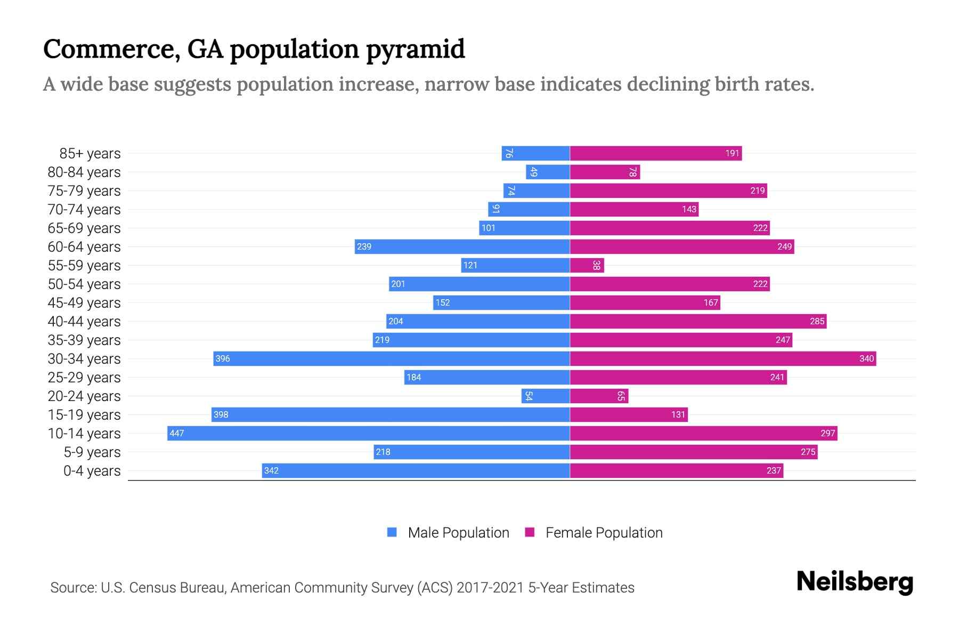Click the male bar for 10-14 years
(x=369, y=433)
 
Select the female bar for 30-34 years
(x=723, y=358)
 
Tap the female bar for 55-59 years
(x=587, y=265)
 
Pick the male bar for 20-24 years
(x=546, y=396)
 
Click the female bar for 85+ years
(x=655, y=154)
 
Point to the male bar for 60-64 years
(x=462, y=246)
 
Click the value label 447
(x=177, y=434)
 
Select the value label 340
(x=866, y=359)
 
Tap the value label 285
(x=817, y=322)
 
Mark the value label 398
(x=221, y=415)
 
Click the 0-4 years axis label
(x=92, y=471)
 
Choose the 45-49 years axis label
(x=84, y=303)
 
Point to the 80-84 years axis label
(x=84, y=172)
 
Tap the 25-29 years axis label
(x=84, y=378)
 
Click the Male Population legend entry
(x=458, y=533)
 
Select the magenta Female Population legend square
(x=530, y=532)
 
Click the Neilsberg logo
(x=855, y=582)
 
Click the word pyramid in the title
(x=416, y=50)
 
